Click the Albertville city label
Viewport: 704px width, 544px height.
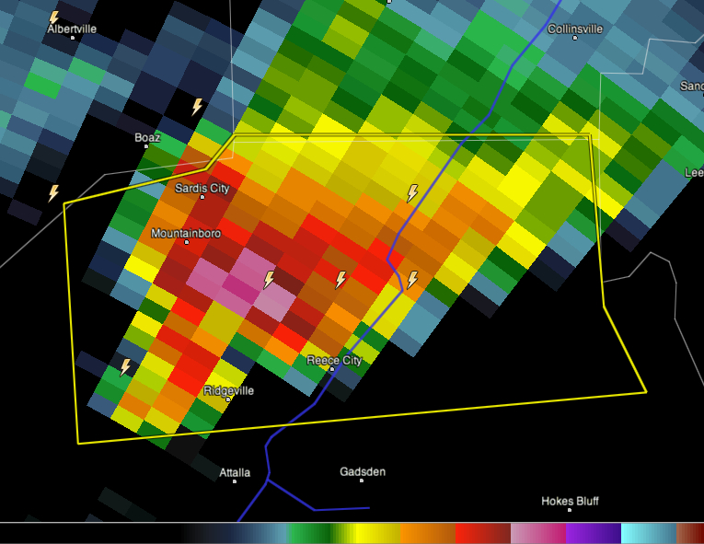tap(71, 29)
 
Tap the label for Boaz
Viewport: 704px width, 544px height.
tap(147, 137)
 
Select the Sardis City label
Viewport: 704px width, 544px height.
tap(202, 188)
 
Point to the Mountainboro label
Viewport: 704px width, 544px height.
tap(185, 233)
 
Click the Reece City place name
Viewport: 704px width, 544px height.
tap(333, 360)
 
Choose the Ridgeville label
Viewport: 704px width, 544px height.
tap(228, 390)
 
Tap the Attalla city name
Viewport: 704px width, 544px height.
tap(235, 472)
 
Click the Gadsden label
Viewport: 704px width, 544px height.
tap(363, 471)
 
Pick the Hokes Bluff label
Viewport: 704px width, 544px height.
tap(570, 501)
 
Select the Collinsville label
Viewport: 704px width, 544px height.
tap(575, 29)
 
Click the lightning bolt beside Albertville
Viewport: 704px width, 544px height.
tap(53, 17)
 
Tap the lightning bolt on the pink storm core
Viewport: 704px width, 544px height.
tap(269, 279)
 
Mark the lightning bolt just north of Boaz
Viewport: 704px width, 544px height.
tap(196, 107)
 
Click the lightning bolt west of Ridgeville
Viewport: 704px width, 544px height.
tap(125, 367)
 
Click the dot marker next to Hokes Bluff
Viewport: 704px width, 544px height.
tap(571, 510)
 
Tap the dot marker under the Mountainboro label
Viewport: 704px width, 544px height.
tap(186, 242)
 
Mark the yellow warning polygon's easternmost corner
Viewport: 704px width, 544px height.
tap(646, 391)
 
